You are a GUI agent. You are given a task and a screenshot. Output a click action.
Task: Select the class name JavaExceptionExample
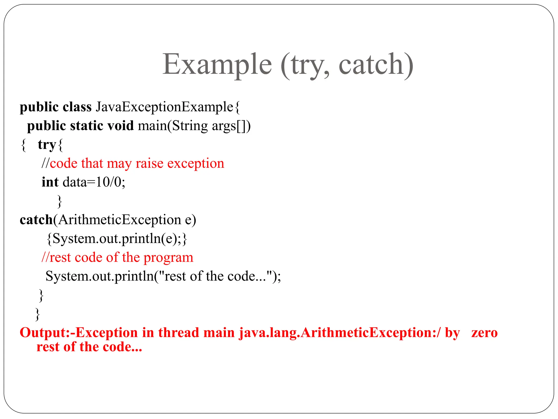pyautogui.click(x=164, y=107)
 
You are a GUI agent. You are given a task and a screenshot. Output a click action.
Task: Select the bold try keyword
pyautogui.click(x=47, y=145)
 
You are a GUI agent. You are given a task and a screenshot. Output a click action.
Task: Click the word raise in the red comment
pyautogui.click(x=149, y=163)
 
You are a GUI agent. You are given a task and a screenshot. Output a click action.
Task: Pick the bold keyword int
pyautogui.click(x=50, y=182)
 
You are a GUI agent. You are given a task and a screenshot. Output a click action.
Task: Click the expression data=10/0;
pyautogui.click(x=94, y=182)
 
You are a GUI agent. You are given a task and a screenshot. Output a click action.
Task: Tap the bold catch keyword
pyautogui.click(x=36, y=220)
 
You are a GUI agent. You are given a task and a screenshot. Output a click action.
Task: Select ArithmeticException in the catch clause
pyautogui.click(x=120, y=220)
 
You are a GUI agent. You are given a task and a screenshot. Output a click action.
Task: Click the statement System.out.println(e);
pyautogui.click(x=117, y=239)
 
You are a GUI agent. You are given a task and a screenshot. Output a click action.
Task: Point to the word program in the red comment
pyautogui.click(x=168, y=257)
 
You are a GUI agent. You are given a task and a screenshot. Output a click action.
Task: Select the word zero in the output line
pyautogui.click(x=484, y=333)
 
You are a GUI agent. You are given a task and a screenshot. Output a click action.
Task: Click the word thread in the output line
pyautogui.click(x=178, y=333)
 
